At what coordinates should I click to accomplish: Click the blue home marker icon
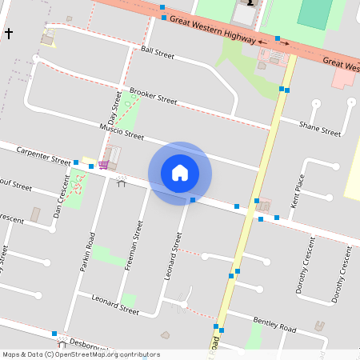[180, 172]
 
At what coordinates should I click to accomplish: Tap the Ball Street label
[157, 52]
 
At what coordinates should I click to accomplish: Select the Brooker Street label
[153, 96]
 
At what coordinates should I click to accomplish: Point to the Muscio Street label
[121, 131]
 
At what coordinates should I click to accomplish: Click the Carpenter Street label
[44, 154]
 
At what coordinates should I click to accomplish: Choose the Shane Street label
[320, 126]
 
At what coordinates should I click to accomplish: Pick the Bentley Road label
[274, 324]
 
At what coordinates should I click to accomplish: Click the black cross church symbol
[9, 34]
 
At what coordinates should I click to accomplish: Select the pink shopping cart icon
[103, 165]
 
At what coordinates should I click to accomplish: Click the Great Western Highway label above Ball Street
[212, 30]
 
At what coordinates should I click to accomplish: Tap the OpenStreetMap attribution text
[80, 354]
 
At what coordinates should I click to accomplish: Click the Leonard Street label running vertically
[172, 256]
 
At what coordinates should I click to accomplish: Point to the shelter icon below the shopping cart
[122, 182]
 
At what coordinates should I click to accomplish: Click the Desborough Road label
[86, 346]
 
